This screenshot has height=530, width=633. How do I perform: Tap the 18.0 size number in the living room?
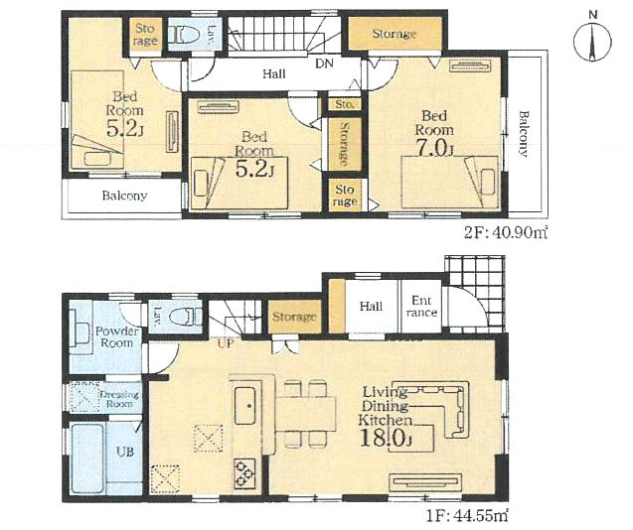tap(386, 439)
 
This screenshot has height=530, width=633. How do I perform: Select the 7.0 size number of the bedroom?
tap(435, 148)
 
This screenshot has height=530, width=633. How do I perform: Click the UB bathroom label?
tap(125, 452)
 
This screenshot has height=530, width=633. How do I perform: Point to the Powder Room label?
tap(117, 337)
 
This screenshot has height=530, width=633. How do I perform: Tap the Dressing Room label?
tap(119, 399)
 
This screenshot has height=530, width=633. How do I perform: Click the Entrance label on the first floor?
tap(421, 307)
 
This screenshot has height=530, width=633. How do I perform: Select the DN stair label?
tap(324, 64)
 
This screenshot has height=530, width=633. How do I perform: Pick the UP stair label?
tap(226, 343)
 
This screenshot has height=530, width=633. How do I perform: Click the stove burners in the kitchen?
tap(244, 473)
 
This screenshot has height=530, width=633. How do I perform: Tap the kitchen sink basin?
tap(244, 405)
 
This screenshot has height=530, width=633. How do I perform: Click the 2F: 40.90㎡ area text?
tap(506, 232)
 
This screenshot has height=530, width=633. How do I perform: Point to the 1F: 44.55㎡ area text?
tap(467, 516)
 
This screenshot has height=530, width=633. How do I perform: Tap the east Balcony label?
tap(523, 134)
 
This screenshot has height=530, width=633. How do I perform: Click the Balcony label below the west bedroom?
tap(124, 196)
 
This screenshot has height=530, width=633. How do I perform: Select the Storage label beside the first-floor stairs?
tap(294, 317)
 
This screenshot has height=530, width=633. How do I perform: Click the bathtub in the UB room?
tap(87, 458)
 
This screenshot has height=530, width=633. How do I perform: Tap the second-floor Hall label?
tap(274, 73)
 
